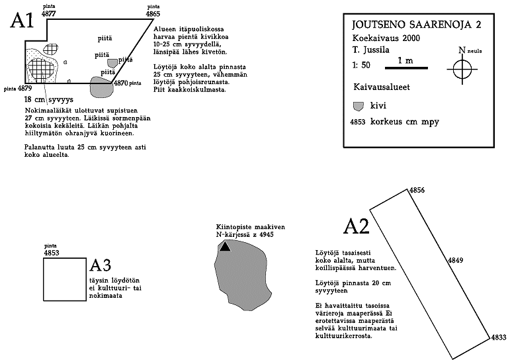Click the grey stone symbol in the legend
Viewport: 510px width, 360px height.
359,105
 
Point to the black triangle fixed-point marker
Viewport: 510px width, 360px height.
226,246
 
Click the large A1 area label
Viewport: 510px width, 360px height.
22,21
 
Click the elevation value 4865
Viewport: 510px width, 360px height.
153,13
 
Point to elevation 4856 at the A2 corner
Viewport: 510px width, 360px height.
417,191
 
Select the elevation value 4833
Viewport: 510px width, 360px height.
499,337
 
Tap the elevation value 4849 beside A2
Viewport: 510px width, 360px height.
455,261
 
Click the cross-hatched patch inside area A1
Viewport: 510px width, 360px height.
40,69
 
